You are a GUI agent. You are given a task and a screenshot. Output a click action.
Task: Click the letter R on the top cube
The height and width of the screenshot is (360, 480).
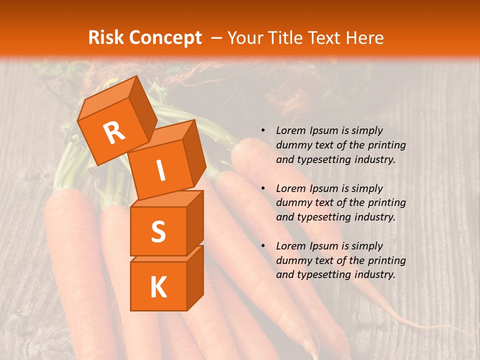coord(114,132)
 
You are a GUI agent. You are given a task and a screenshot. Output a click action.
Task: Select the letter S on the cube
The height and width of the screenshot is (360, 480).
coord(158,232)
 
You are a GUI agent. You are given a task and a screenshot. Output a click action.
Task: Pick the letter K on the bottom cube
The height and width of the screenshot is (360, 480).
coord(158,287)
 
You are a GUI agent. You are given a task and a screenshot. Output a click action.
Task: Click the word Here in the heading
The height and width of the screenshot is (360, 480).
coord(366,38)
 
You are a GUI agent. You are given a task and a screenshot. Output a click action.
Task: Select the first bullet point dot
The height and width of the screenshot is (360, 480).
coord(263,131)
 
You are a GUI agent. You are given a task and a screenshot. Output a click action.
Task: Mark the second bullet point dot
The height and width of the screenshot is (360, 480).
coord(263,188)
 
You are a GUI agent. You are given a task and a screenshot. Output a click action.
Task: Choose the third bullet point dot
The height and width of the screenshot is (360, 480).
coord(263,246)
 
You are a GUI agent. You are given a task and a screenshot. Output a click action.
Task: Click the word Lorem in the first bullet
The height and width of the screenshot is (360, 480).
coord(290,130)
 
